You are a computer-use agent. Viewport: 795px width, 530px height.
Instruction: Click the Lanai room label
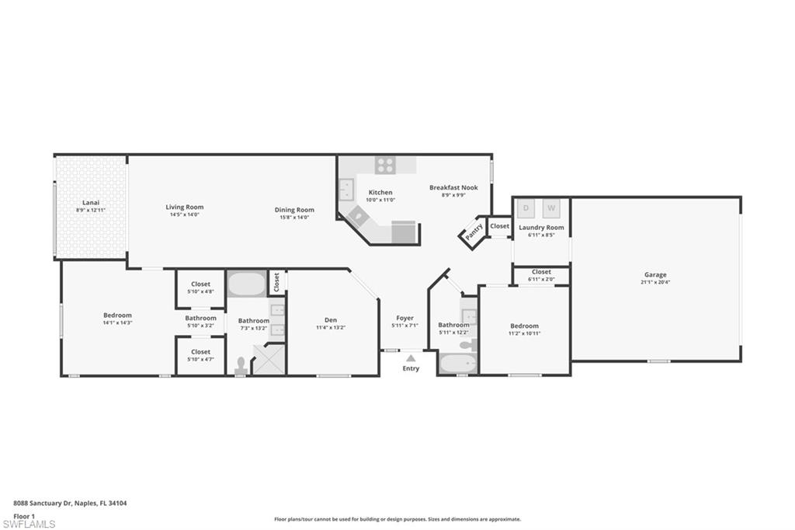pos(91,204)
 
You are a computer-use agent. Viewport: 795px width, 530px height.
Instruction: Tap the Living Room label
pos(184,207)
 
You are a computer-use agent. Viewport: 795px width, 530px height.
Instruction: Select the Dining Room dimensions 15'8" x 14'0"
pos(294,218)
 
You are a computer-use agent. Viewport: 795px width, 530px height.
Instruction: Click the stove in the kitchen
pos(385,165)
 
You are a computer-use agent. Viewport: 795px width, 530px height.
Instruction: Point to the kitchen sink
pos(346,189)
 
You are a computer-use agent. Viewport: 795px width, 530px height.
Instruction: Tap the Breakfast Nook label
pos(453,187)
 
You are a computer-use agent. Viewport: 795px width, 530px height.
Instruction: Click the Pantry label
pos(474,231)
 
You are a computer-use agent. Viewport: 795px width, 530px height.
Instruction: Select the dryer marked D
pos(526,208)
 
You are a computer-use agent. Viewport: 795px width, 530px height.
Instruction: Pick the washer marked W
pos(550,208)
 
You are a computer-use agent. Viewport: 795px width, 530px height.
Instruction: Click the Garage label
pos(654,274)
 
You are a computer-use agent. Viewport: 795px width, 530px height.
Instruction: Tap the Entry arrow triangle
pos(411,358)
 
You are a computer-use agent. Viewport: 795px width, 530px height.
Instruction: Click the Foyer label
pos(404,318)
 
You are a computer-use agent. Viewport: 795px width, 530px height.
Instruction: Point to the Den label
pos(331,319)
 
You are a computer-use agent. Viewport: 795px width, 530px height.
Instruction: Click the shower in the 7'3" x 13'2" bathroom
pos(269,361)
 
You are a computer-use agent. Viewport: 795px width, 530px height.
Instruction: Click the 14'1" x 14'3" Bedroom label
pos(117,315)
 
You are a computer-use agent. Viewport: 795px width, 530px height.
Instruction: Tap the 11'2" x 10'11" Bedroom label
pos(524,326)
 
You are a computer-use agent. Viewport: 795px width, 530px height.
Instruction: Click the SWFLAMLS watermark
pos(29,525)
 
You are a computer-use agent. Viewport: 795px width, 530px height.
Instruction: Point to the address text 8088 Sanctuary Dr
pos(42,504)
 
